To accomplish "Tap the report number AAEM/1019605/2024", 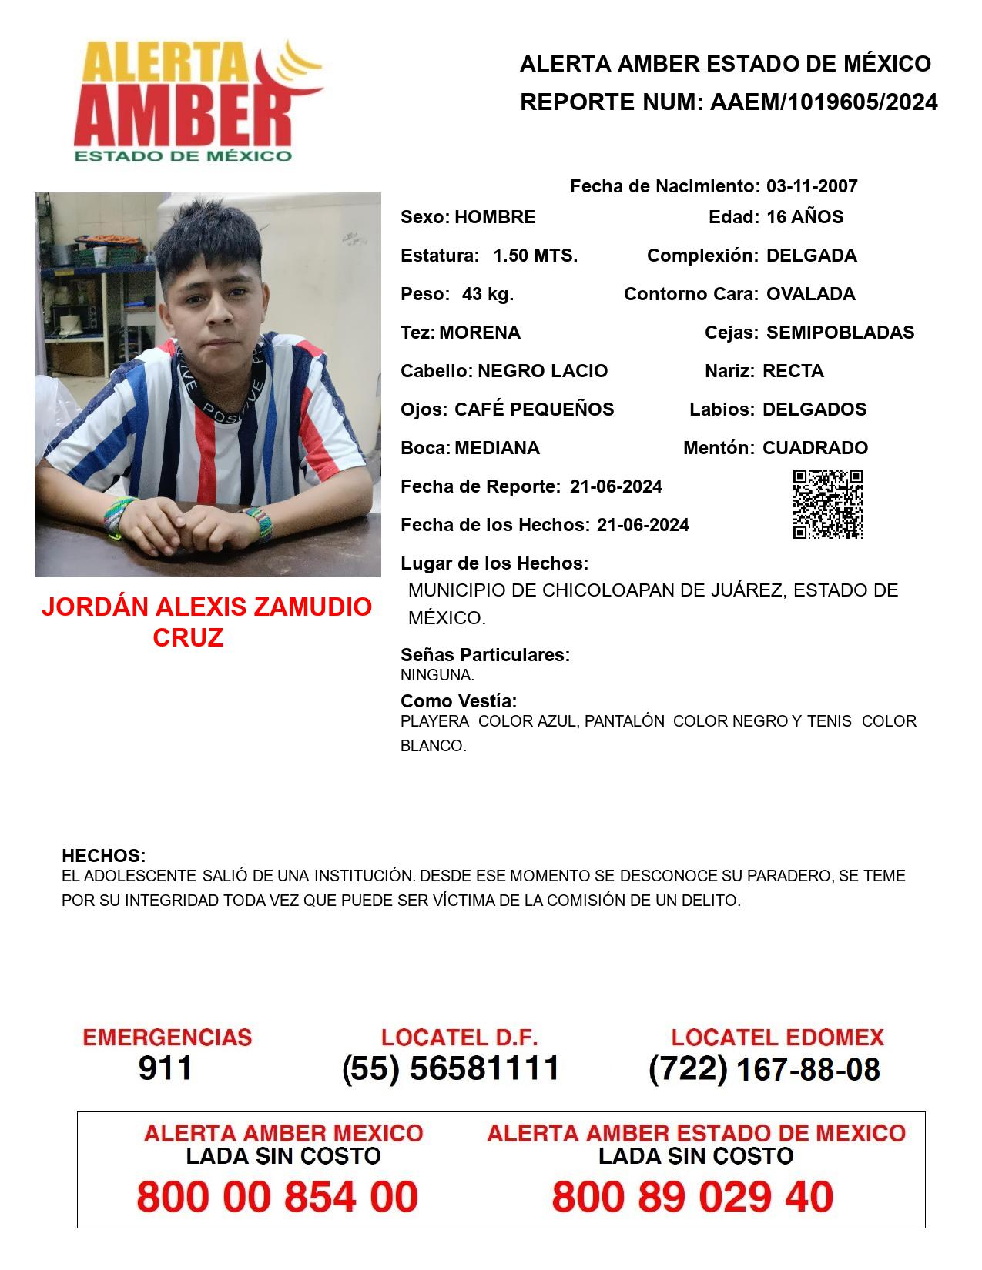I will [823, 102].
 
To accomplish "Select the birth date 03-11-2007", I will [812, 186].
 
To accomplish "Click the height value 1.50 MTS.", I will [535, 256].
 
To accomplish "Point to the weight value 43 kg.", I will [488, 294].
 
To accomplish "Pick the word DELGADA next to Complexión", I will [811, 256].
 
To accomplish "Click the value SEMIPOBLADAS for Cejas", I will [840, 333].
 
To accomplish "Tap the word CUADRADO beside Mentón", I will [815, 448].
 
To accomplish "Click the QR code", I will [828, 504].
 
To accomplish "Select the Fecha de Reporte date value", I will [616, 486].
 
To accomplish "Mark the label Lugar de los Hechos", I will [494, 563].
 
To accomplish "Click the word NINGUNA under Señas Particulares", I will [437, 676].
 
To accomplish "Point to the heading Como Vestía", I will [458, 701].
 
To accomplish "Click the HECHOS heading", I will [103, 856].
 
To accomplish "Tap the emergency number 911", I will [166, 1068].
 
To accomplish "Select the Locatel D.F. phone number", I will [451, 1068].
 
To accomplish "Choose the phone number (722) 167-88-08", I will [764, 1069].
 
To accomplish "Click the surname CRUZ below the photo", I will [188, 637].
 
